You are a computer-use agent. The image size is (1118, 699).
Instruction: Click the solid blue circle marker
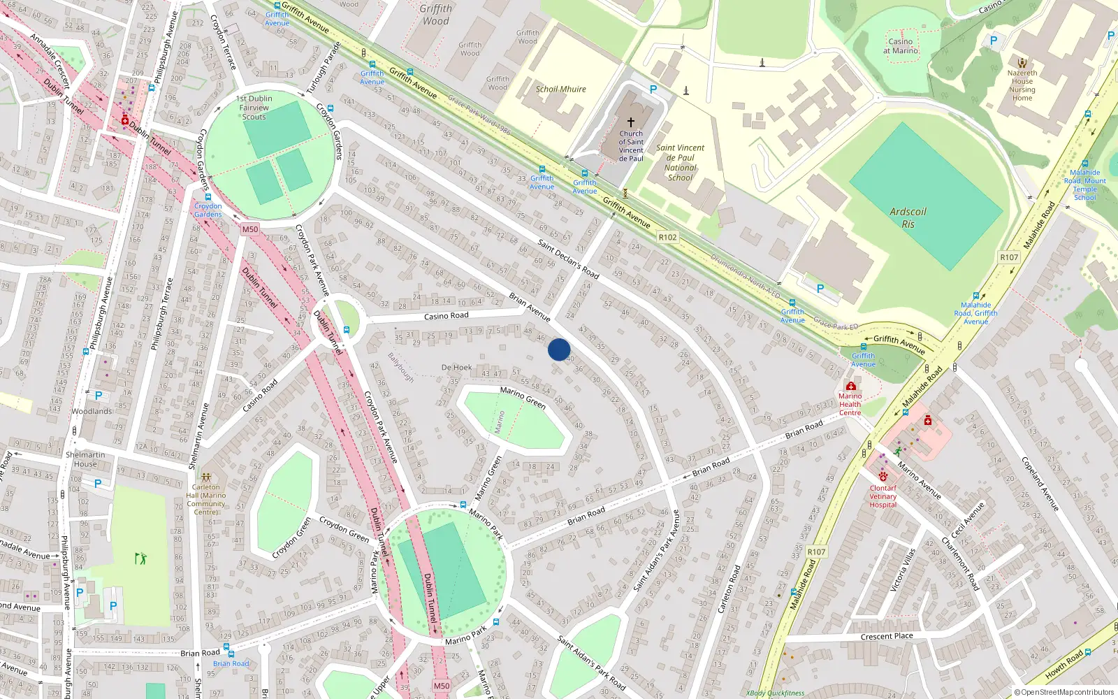point(559,349)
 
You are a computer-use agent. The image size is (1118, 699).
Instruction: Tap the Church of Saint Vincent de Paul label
point(631,145)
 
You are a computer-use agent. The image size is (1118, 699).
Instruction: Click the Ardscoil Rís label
point(908,217)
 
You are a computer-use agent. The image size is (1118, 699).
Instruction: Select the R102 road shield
point(667,237)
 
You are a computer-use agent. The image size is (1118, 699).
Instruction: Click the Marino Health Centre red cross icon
point(850,386)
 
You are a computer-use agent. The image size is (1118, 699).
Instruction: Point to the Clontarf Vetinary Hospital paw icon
point(883,477)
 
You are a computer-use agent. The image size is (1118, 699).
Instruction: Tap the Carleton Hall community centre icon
point(205,477)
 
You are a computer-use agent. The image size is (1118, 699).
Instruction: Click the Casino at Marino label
point(901,45)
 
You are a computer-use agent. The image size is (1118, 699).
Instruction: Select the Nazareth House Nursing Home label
point(1022,85)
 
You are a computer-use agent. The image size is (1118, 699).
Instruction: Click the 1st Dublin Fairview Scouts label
point(254,108)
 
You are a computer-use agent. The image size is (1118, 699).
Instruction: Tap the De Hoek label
point(456,367)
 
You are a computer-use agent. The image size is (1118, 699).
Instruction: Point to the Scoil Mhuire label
point(560,89)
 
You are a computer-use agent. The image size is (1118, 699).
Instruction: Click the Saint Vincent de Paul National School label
point(680,162)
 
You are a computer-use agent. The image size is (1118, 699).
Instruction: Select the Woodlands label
point(92,411)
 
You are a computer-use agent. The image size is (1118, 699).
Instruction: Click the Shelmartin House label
point(85,459)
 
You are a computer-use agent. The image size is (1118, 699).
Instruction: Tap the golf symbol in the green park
point(140,558)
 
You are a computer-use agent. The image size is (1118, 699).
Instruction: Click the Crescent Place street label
point(886,636)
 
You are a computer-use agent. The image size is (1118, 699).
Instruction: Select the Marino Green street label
point(523,397)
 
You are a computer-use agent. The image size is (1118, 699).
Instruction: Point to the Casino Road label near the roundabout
point(446,316)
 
